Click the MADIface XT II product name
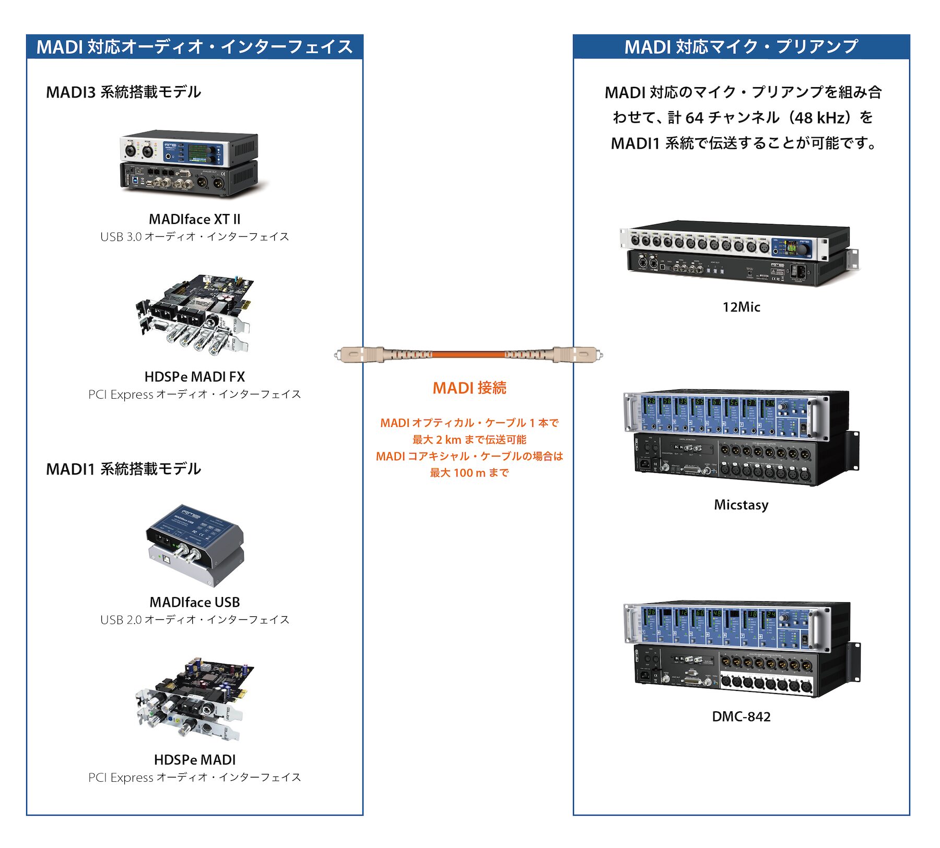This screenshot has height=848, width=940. [x=194, y=219]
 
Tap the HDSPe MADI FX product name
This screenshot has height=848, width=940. [x=194, y=377]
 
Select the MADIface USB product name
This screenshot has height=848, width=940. [x=194, y=602]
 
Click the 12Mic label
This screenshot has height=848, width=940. [x=741, y=307]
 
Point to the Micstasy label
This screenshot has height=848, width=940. [x=741, y=505]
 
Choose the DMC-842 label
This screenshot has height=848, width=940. [x=741, y=716]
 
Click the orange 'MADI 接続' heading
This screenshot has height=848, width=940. [x=469, y=388]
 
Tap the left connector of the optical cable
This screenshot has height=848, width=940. [x=360, y=355]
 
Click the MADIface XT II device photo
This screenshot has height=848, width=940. [x=189, y=163]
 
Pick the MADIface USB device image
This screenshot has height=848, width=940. [x=194, y=545]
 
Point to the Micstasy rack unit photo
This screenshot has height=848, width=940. [x=741, y=438]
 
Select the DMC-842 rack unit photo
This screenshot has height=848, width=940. [x=741, y=649]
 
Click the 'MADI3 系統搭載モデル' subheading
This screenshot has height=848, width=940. [x=123, y=92]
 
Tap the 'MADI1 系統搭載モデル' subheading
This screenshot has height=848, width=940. [x=123, y=469]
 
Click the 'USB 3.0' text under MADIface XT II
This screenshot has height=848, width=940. [x=121, y=237]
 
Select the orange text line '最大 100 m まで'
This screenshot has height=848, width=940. [x=469, y=473]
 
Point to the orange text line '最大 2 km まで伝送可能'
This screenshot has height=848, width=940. [x=469, y=439]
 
